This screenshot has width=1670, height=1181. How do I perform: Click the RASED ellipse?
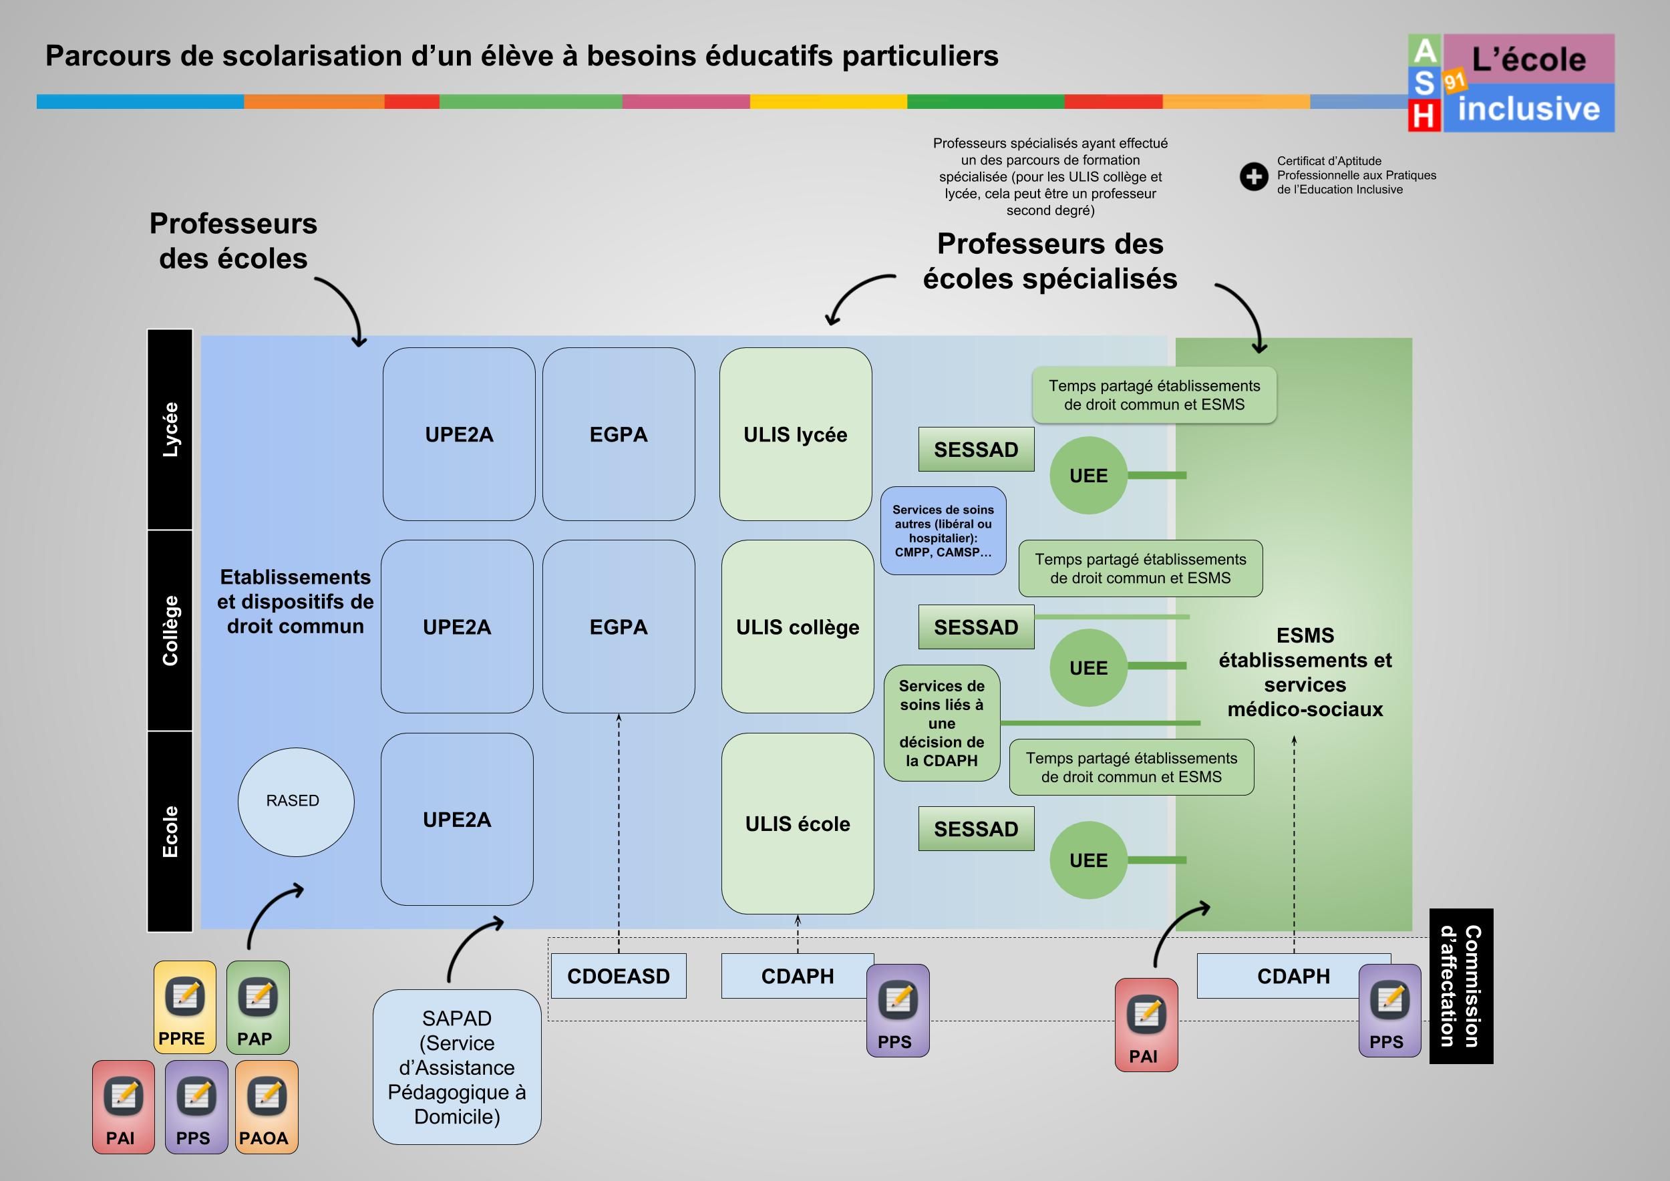(x=295, y=802)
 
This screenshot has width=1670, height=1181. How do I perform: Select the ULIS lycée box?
(x=795, y=434)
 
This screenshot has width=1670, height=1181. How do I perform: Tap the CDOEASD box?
(x=619, y=976)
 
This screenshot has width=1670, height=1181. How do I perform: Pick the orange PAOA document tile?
(x=267, y=1106)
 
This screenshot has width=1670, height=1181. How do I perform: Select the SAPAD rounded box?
(x=457, y=1066)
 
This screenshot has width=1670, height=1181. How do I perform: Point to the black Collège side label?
(x=170, y=630)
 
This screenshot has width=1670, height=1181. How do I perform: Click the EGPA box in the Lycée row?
(x=619, y=434)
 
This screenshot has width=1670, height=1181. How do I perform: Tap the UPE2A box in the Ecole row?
(x=457, y=819)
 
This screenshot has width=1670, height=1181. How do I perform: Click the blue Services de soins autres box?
(x=943, y=531)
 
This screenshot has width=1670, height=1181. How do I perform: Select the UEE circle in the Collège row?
(x=1088, y=667)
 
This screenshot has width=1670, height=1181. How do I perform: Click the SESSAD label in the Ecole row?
(x=975, y=828)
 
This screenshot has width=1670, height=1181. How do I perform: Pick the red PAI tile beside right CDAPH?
(x=1146, y=1025)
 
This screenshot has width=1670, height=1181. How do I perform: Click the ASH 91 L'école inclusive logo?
(x=1511, y=83)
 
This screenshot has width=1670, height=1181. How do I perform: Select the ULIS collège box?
(x=797, y=627)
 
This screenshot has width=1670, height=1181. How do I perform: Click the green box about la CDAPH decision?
(x=941, y=723)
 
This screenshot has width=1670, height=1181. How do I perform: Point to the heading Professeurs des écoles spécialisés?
(x=1049, y=261)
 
